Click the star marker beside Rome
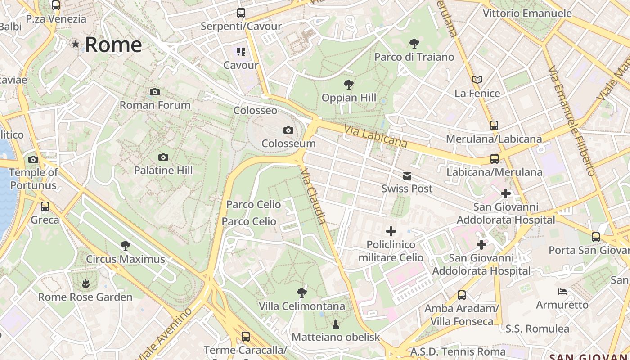(x=76, y=44)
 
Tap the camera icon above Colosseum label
(x=288, y=130)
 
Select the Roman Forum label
(x=155, y=105)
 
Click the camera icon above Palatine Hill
(x=163, y=157)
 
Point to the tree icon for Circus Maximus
(x=126, y=246)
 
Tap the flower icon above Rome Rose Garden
(x=85, y=283)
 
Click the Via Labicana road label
(x=376, y=136)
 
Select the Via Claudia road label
(x=313, y=196)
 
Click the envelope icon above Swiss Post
(x=407, y=175)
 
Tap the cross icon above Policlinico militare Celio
(x=391, y=231)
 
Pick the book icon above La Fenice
(x=477, y=80)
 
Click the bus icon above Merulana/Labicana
(x=494, y=126)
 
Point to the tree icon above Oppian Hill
(x=348, y=84)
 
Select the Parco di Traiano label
(x=414, y=57)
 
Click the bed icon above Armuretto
(x=562, y=292)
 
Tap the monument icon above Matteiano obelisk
(x=335, y=324)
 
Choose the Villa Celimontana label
(x=302, y=306)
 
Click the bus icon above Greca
(x=45, y=207)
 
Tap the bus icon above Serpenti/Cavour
(x=241, y=13)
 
